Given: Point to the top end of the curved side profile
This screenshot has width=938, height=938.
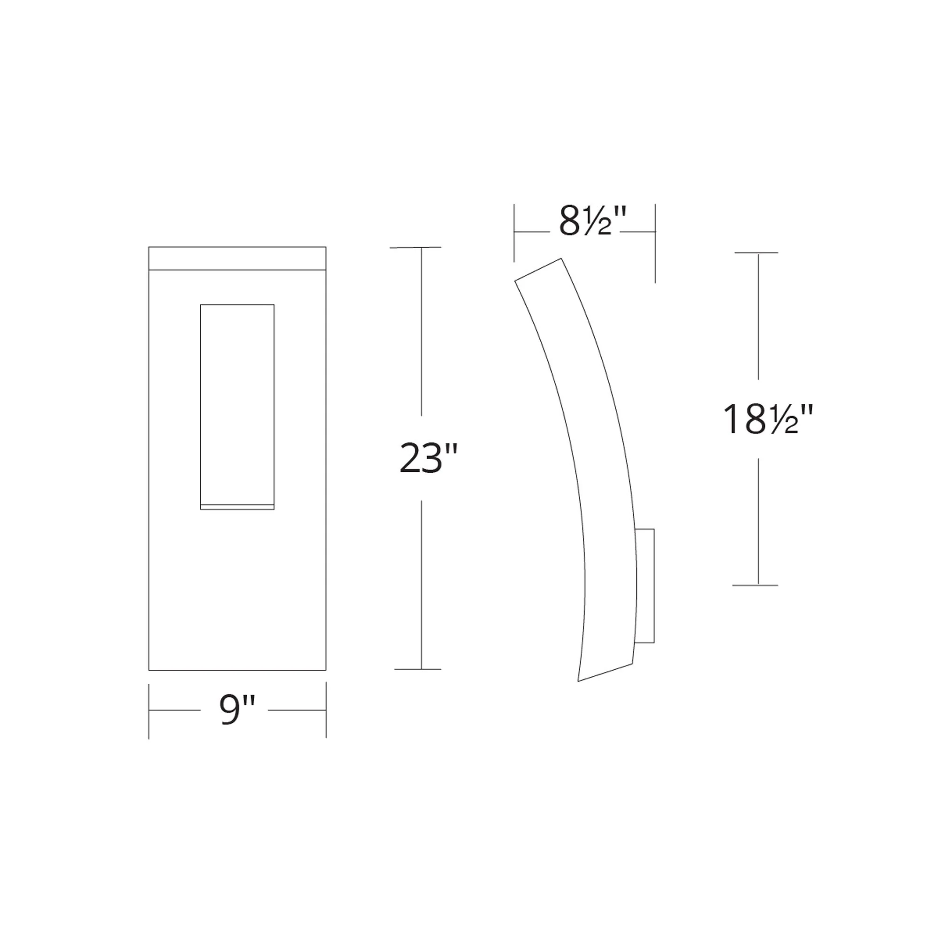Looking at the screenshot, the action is tap(538, 270).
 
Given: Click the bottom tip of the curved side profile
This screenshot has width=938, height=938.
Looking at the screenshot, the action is tap(579, 681).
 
